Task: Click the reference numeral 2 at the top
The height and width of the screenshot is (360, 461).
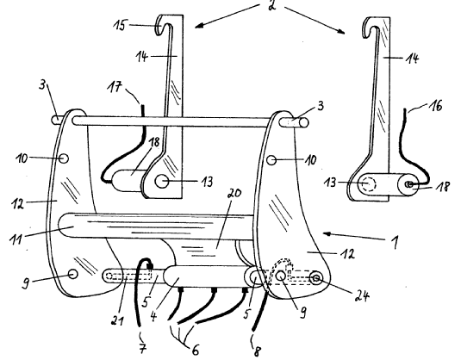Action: coord(272,5)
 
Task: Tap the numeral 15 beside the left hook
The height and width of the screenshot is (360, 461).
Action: coord(121,26)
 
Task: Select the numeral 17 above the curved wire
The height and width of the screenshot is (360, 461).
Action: coord(115,87)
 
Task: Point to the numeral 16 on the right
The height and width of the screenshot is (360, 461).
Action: coord(437,106)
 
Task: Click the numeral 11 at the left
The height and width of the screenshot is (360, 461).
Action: coord(16,238)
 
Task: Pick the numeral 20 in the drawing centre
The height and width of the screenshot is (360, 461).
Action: coord(234,194)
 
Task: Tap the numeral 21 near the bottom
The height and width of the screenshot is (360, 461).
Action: coord(117,320)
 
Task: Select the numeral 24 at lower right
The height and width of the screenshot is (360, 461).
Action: coord(362,296)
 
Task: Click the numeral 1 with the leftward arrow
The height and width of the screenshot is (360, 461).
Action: coord(395,242)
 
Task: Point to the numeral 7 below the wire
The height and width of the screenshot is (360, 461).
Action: coord(142,348)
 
